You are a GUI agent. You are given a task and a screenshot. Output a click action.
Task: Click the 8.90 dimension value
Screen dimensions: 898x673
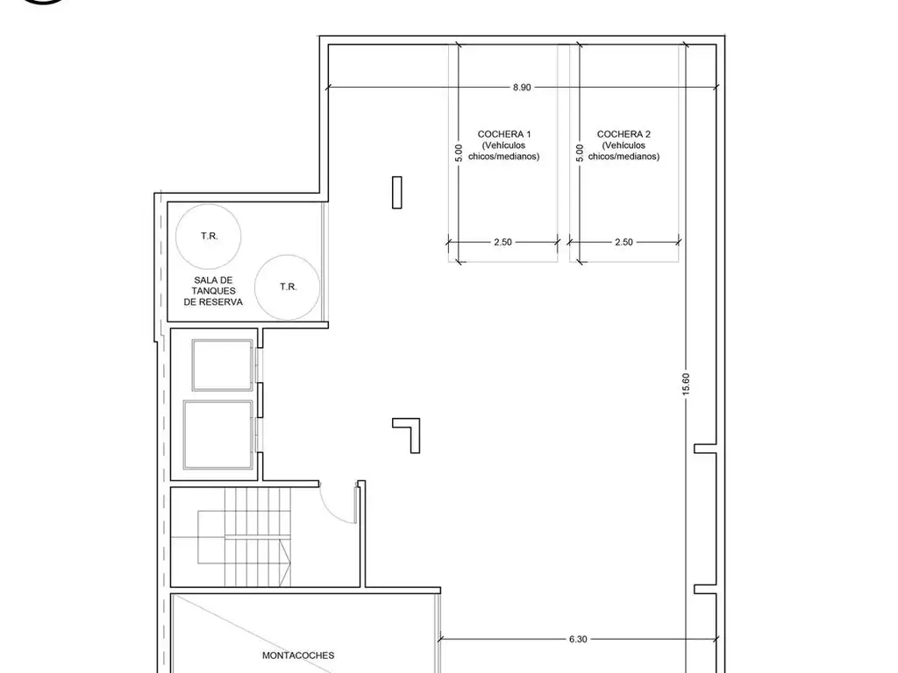[522, 88]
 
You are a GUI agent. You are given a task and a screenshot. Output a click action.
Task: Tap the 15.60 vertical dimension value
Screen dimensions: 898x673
[686, 384]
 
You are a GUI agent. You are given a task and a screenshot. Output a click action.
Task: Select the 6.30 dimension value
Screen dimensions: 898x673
[578, 639]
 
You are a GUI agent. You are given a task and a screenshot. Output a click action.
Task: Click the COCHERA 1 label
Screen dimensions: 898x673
[504, 134]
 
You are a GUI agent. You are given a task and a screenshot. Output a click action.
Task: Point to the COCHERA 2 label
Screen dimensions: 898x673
[624, 134]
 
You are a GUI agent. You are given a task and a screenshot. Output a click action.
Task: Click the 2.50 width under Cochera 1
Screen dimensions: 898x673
[502, 242]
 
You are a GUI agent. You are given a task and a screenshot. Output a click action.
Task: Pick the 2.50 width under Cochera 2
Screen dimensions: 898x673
[624, 242]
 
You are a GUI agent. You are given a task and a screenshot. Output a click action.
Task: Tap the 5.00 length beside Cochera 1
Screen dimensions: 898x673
[458, 152]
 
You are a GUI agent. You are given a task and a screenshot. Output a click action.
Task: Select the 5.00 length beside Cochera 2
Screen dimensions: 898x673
[580, 152]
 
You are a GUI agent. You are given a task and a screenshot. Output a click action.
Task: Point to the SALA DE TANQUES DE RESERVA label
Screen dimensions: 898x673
[213, 291]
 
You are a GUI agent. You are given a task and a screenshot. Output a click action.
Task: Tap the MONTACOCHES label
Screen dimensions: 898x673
[298, 655]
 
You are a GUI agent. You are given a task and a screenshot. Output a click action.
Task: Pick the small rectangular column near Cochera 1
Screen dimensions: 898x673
[397, 192]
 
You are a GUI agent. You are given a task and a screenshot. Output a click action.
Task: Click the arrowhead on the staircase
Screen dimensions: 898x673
[286, 563]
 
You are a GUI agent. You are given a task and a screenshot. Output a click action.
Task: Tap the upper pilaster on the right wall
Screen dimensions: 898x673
[706, 448]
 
